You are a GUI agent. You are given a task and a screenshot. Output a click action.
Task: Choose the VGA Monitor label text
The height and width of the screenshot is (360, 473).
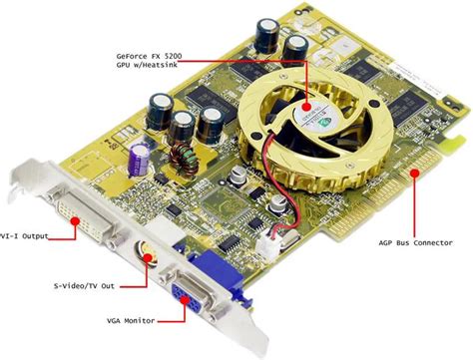tap(123, 322)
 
